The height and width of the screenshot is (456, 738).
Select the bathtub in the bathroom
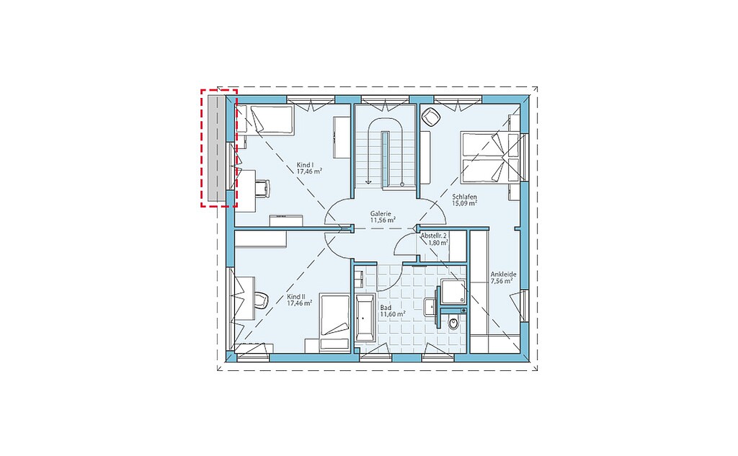(365, 318)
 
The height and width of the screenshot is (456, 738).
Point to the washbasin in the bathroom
(430, 307)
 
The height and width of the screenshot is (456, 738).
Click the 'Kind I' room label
(305, 165)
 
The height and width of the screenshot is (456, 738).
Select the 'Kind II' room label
(296, 297)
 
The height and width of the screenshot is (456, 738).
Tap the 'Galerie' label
(381, 213)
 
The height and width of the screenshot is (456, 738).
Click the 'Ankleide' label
(504, 274)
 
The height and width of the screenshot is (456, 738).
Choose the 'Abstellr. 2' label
(434, 236)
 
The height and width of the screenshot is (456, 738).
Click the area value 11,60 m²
(393, 314)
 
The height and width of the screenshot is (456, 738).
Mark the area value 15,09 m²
(465, 203)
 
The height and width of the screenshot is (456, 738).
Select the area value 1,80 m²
(437, 243)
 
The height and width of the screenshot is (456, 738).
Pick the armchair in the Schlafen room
(430, 117)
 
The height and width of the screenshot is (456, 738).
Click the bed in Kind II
(334, 322)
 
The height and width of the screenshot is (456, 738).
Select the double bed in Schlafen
(489, 157)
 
